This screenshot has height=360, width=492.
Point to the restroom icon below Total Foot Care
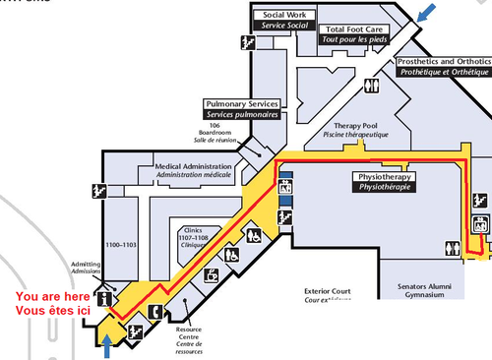point(371,86)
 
